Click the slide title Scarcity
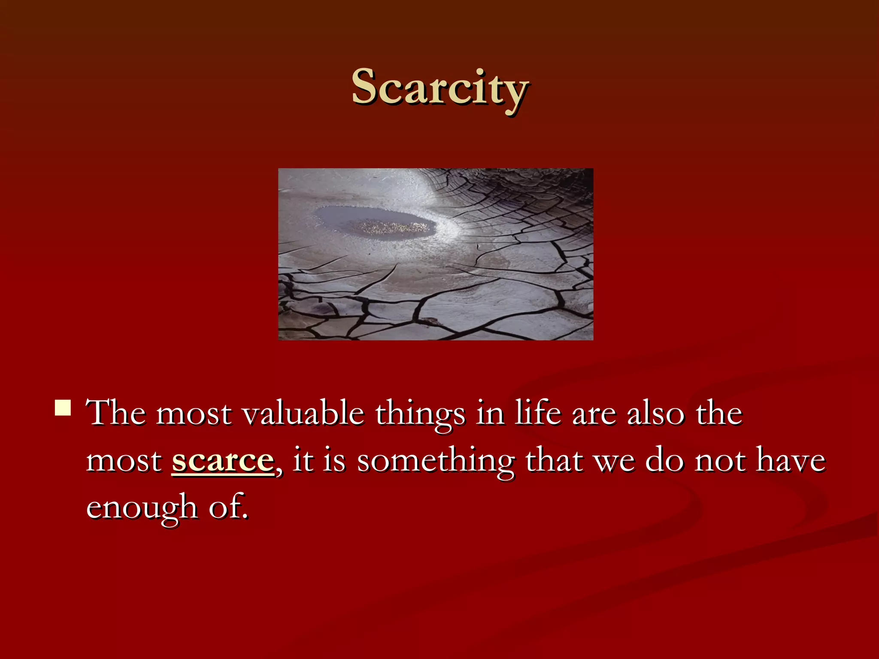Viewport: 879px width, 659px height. [439, 88]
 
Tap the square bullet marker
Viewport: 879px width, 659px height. [63, 408]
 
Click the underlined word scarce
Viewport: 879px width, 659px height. [222, 461]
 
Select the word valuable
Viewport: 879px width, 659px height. [303, 414]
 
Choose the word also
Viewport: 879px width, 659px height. [655, 414]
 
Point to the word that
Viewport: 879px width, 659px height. [554, 461]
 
